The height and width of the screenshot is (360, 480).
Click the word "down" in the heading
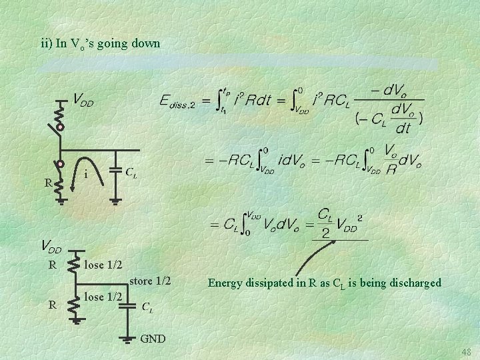146,44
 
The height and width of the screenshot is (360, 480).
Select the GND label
153,339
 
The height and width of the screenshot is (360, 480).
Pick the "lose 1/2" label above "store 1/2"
103,265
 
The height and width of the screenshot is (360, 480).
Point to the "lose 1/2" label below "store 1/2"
103,296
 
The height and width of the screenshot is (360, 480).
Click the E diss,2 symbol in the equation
177,101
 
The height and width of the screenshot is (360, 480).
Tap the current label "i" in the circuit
87,174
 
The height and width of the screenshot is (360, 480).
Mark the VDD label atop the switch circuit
83,101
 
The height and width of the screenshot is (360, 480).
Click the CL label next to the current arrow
132,172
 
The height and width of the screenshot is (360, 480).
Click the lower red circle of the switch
59,163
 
